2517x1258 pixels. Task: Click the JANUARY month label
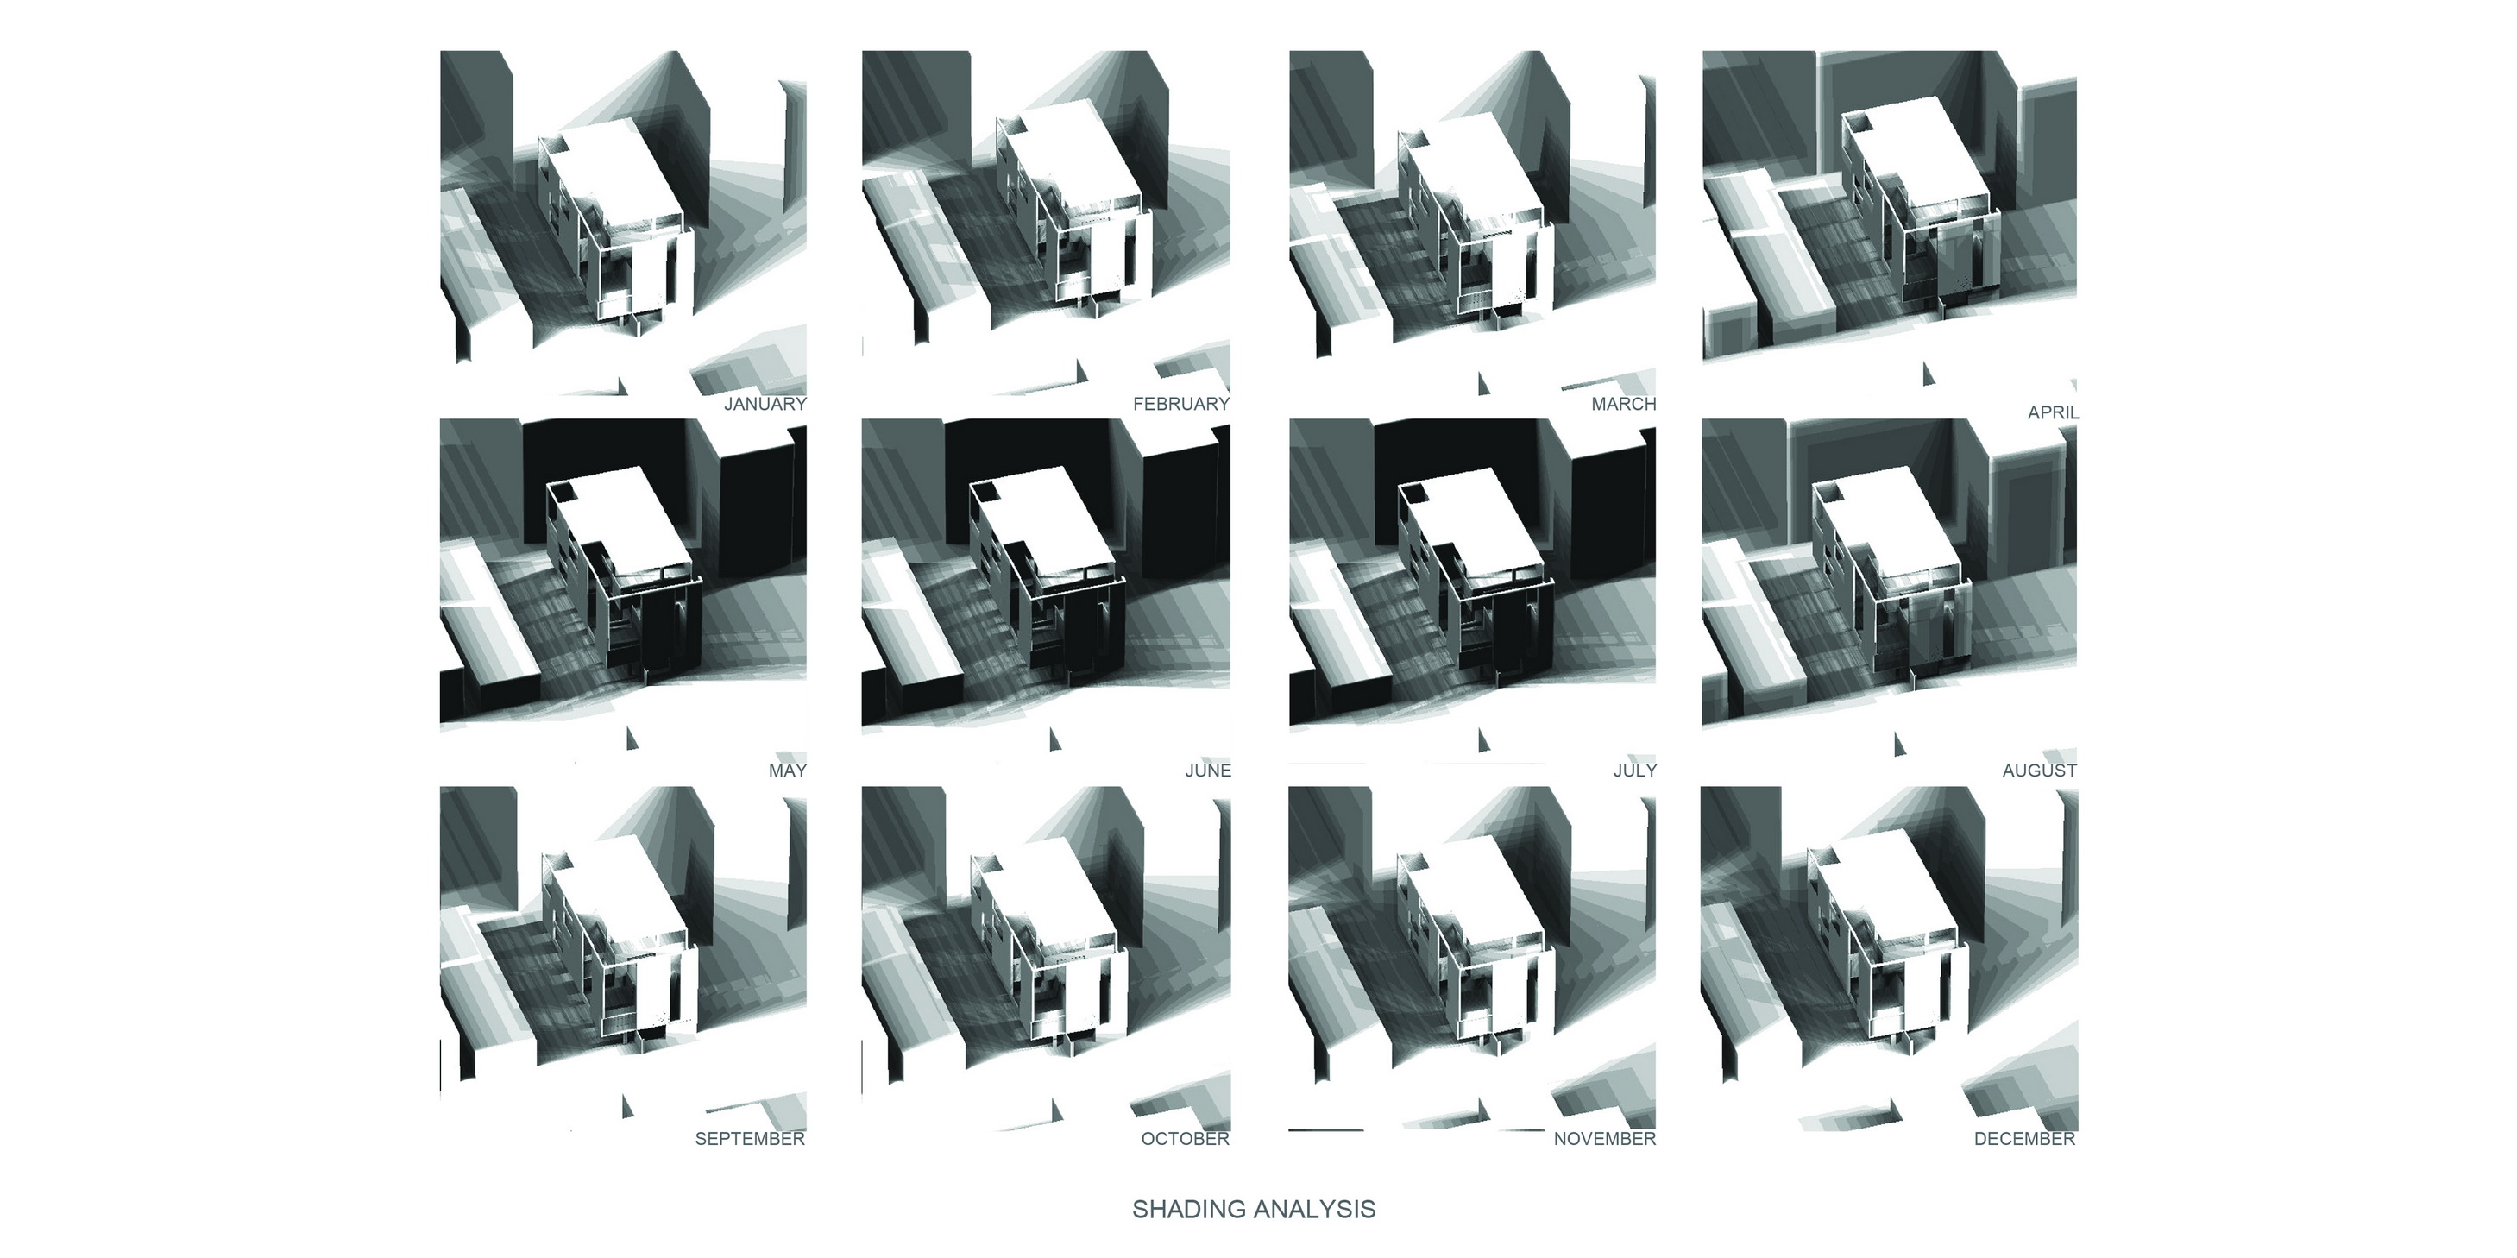[765, 405]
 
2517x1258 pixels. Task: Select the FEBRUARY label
[1181, 405]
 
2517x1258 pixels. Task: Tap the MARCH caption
[1624, 405]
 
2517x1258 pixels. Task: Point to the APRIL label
[2053, 413]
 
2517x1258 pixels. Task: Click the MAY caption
[788, 771]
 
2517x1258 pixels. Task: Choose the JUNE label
[1208, 771]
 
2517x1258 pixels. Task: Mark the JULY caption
[1634, 771]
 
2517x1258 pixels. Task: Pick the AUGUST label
[2039, 771]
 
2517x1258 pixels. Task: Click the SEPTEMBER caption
[750, 1139]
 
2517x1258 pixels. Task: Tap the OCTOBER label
[1186, 1139]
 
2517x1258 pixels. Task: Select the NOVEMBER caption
[1604, 1139]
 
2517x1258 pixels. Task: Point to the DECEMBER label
[2024, 1139]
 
